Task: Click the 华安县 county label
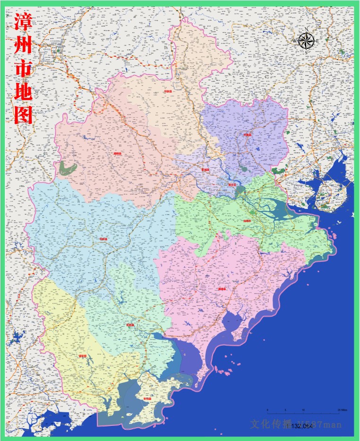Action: tap(166, 92)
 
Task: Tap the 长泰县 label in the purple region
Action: tap(247, 135)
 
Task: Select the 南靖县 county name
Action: tap(117, 154)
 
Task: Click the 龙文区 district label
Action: tap(231, 184)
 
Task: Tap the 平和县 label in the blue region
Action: tap(103, 239)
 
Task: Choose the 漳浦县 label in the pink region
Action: tap(222, 288)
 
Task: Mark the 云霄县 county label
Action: tap(130, 325)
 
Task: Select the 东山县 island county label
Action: tap(147, 399)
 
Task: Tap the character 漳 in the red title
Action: tap(23, 22)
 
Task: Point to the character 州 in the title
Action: tap(23, 46)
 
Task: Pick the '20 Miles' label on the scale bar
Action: tap(342, 409)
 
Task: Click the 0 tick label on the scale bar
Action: tap(267, 409)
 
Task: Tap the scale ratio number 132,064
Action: tap(302, 426)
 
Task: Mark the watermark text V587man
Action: tap(319, 424)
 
